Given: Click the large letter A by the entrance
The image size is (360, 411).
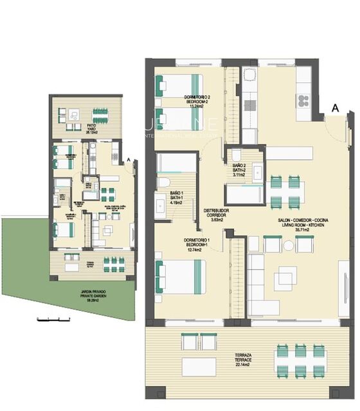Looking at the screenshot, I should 334,109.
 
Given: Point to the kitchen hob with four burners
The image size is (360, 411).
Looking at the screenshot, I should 302,100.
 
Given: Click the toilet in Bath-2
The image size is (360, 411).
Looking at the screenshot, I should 236,155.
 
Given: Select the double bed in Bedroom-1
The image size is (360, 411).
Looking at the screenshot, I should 180,275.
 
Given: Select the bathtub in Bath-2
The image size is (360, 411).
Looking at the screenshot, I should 242,193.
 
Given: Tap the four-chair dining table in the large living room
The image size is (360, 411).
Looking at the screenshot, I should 285,190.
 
